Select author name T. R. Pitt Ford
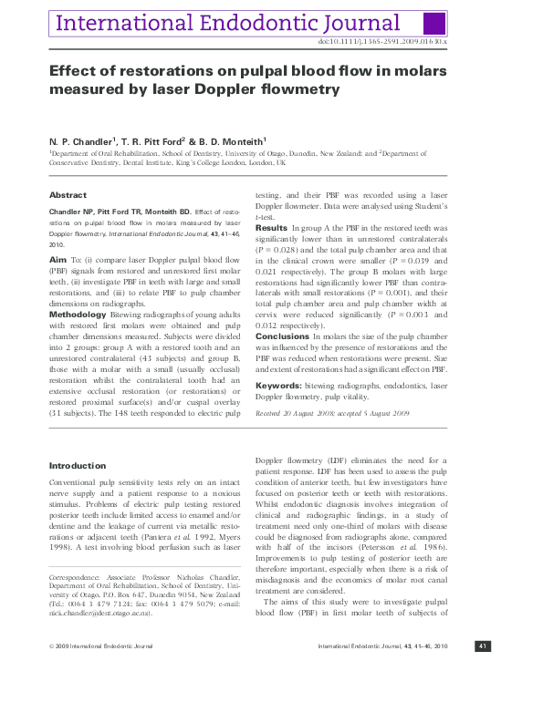[154, 142]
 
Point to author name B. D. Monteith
[229, 142]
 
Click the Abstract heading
[68, 195]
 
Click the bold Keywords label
[277, 385]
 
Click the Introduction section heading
[77, 466]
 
